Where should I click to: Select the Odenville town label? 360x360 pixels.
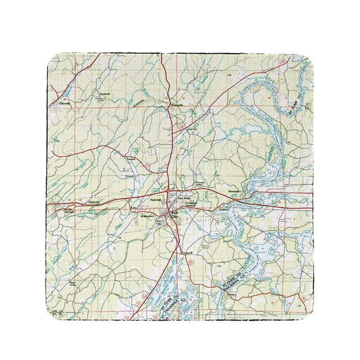pyautogui.click(x=64, y=104)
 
